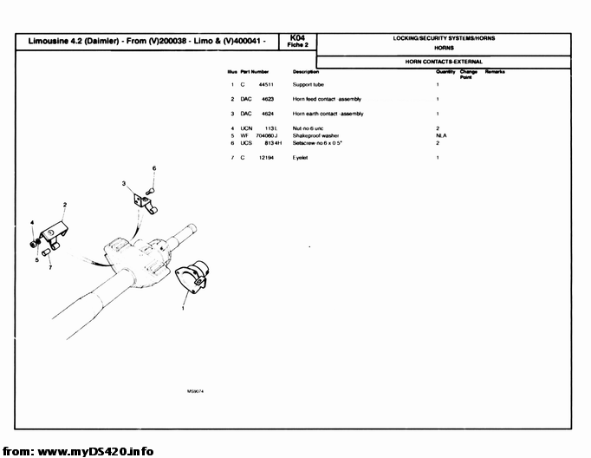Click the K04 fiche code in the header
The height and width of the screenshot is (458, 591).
[x=298, y=38]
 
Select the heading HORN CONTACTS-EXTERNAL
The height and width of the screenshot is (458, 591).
[x=445, y=62]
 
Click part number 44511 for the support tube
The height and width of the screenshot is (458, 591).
[x=267, y=85]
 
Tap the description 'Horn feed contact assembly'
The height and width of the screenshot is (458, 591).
[x=328, y=100]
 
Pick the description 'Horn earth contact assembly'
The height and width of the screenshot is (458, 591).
[x=328, y=114]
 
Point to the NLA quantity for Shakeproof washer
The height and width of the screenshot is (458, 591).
[x=440, y=135]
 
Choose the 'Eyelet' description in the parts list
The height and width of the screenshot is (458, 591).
[x=301, y=157]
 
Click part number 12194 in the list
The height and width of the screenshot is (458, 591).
[x=266, y=157]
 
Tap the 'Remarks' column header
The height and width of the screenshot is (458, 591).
[x=495, y=71]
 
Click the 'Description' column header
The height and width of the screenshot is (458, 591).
[x=307, y=71]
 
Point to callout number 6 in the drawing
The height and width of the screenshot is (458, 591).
[x=154, y=167]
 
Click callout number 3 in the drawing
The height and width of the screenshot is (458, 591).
[x=124, y=184]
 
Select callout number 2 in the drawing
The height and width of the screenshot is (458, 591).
[x=65, y=204]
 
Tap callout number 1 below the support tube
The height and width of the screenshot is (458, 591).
[x=183, y=308]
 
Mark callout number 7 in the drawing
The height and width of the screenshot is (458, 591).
[x=50, y=267]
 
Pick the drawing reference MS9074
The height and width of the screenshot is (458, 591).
[x=195, y=391]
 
